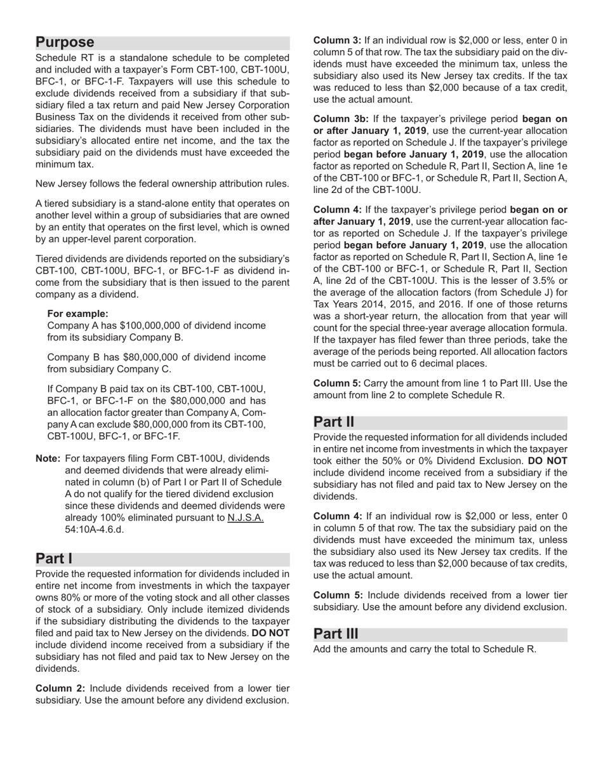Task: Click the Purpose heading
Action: (65, 43)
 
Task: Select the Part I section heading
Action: (54, 559)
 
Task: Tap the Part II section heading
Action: (334, 422)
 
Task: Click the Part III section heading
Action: (336, 634)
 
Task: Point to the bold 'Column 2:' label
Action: (61, 688)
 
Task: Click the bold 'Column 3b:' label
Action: (341, 119)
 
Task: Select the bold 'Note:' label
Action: (48, 458)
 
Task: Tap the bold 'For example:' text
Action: (77, 314)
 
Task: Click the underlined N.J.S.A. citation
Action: (245, 517)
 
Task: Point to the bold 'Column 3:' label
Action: (337, 40)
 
